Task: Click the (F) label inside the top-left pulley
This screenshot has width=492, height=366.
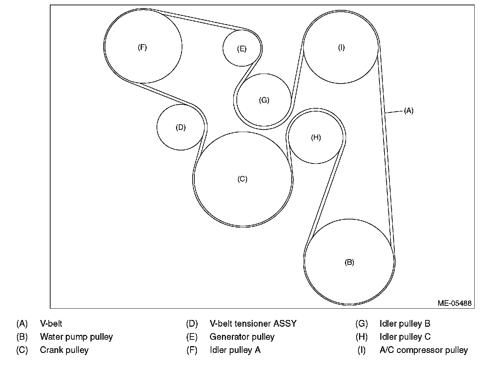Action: (x=142, y=47)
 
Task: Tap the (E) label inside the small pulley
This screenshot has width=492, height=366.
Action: (x=242, y=49)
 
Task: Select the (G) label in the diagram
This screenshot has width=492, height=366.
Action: (x=264, y=100)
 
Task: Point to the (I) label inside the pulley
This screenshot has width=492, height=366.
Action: (x=341, y=47)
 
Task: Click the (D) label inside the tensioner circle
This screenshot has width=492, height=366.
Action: (x=181, y=127)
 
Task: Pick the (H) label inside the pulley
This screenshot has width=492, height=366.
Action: (x=316, y=137)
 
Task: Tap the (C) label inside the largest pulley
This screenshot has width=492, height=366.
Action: (x=242, y=179)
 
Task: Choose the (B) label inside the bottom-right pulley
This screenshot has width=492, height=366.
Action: (x=349, y=262)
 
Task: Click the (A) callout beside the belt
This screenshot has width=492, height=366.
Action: (x=409, y=111)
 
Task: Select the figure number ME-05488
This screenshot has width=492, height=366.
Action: (x=454, y=303)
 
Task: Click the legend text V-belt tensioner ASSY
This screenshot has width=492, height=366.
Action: (x=253, y=324)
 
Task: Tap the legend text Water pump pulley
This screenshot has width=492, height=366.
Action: (x=76, y=337)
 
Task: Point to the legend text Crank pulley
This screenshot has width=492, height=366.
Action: (x=64, y=350)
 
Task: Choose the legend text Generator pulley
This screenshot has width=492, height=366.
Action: (x=242, y=337)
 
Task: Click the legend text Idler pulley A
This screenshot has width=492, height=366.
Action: (x=235, y=350)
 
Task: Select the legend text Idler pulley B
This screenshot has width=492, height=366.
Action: (x=405, y=324)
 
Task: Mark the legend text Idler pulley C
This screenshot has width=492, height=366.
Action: (x=405, y=337)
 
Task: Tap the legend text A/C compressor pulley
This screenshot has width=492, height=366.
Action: (x=423, y=350)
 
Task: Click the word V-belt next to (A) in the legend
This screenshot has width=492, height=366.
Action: (x=51, y=324)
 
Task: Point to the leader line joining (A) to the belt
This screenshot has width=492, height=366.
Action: (x=394, y=112)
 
